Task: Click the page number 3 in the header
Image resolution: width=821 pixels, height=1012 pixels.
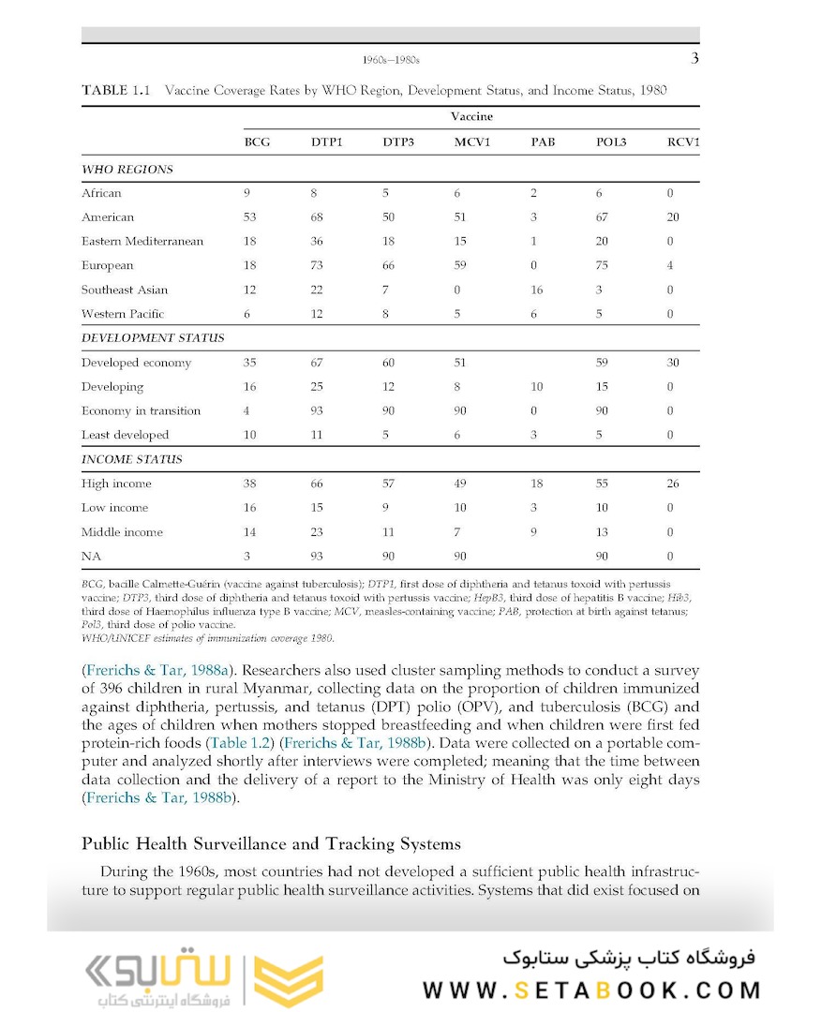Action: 694,59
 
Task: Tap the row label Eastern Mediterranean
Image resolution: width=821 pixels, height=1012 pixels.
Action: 142,242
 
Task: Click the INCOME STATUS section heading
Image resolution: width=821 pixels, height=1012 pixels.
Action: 131,460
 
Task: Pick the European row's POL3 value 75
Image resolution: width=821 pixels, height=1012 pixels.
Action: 602,266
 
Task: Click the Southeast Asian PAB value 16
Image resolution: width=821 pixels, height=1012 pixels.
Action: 536,290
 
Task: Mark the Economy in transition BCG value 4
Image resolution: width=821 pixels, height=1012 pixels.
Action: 246,411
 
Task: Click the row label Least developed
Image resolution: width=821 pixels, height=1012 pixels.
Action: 125,435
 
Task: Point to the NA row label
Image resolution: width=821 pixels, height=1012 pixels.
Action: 91,557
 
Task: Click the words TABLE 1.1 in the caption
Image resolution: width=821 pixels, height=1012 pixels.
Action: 116,91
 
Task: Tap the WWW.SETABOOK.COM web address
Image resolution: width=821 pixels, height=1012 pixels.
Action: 591,990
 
